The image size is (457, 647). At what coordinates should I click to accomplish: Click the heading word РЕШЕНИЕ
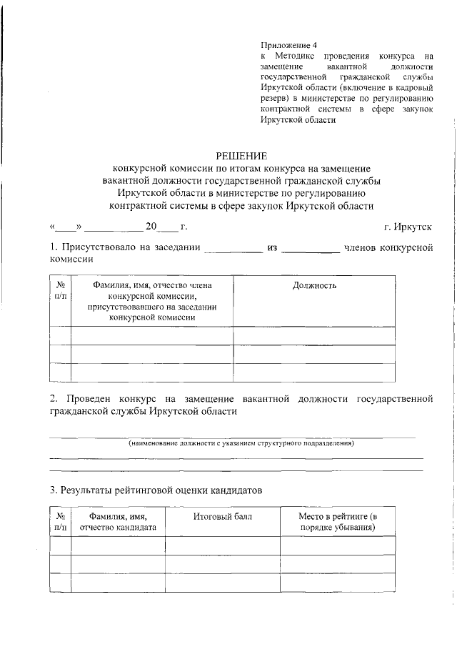click(x=241, y=156)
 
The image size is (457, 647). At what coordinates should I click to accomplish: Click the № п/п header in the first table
click(x=60, y=290)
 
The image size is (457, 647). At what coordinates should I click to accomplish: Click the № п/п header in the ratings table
click(x=60, y=521)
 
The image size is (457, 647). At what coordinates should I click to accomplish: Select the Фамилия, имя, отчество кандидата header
click(x=118, y=521)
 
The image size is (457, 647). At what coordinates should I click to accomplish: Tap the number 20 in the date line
click(x=151, y=227)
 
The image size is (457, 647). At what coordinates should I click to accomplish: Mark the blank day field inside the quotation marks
click(x=66, y=227)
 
